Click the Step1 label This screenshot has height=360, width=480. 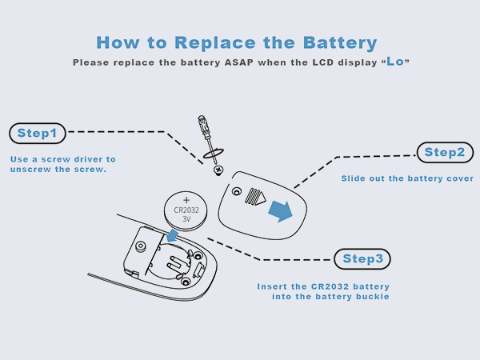[38, 132]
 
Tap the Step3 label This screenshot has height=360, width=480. [362, 258]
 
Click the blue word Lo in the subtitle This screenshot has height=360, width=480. [395, 62]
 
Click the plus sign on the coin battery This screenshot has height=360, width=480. [186, 199]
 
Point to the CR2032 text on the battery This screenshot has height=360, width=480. [186, 210]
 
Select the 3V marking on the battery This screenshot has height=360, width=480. [186, 220]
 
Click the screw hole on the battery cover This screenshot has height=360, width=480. [235, 191]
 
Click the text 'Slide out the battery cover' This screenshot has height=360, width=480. [407, 178]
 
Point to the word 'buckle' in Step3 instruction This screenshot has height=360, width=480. [371, 297]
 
